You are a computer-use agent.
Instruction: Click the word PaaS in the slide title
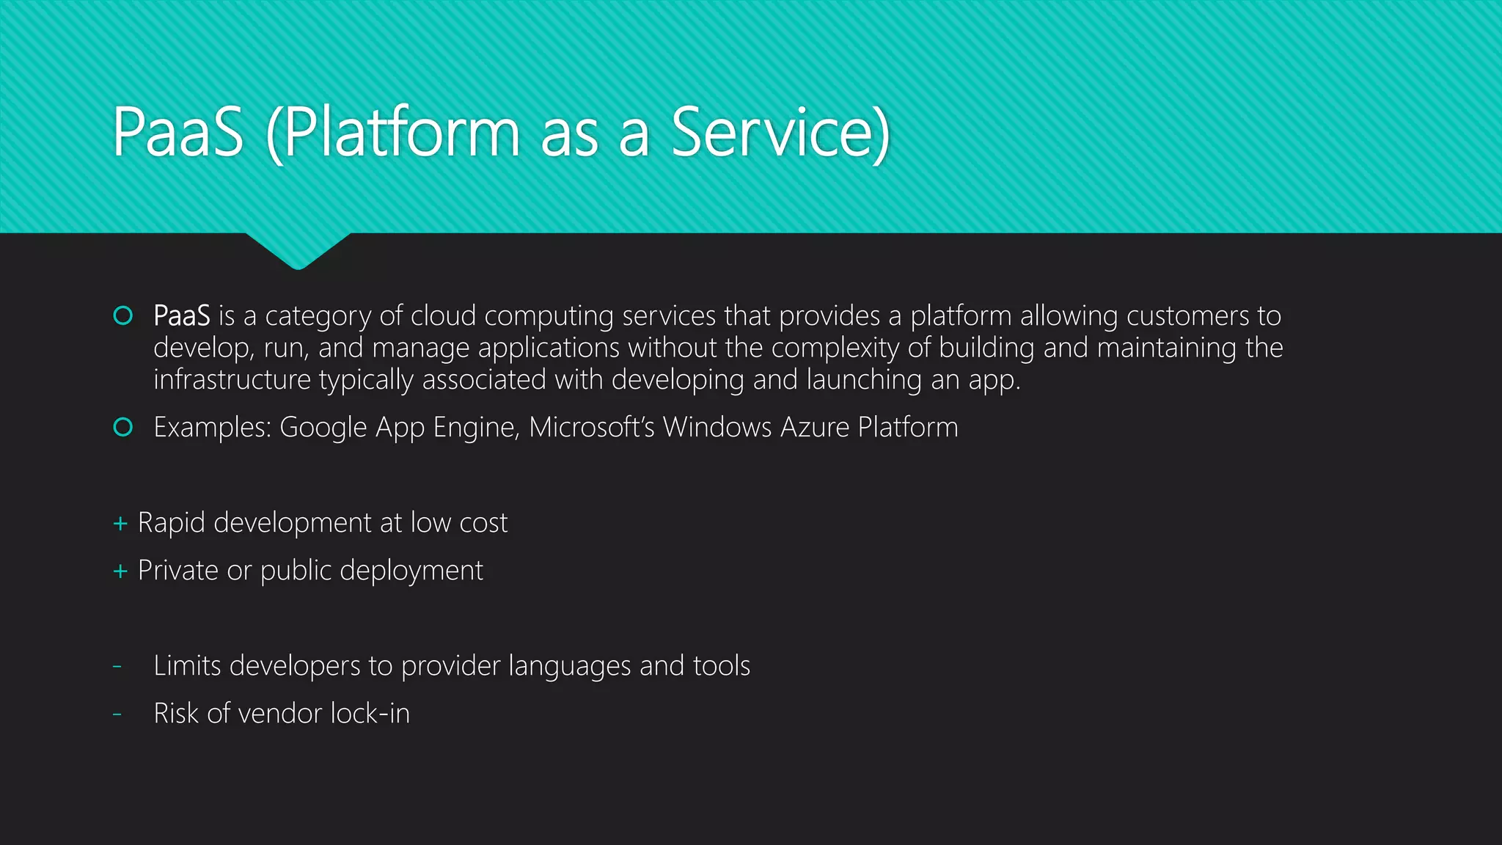pos(177,133)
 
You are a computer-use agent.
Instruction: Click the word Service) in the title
pos(780,133)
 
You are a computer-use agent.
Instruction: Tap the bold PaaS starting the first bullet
pos(181,316)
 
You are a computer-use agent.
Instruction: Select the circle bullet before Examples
pos(123,427)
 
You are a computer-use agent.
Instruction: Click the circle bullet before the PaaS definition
pos(123,315)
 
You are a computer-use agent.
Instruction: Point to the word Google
pos(323,428)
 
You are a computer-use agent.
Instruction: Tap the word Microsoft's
pos(591,428)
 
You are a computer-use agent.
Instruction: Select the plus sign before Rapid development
pos(120,524)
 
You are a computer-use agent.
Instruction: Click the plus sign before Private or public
pos(120,571)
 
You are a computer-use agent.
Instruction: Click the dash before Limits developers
pos(117,666)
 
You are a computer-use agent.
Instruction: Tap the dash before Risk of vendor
pos(117,714)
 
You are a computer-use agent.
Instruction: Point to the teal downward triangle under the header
pos(298,249)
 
